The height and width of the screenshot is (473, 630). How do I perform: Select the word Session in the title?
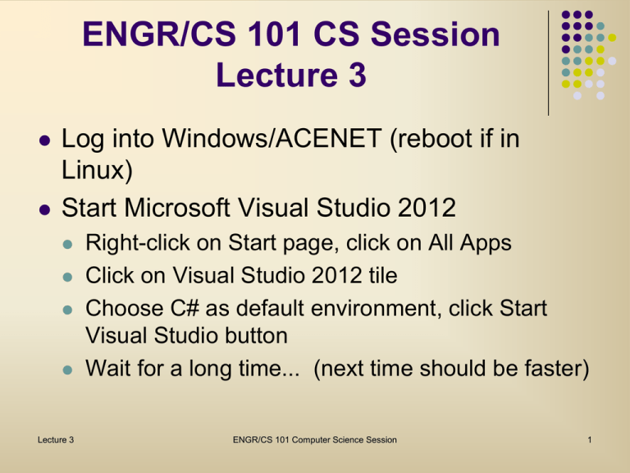pyautogui.click(x=435, y=34)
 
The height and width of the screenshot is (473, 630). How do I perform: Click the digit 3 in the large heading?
pyautogui.click(x=358, y=75)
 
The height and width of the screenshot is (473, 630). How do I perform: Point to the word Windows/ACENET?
pyautogui.click(x=272, y=138)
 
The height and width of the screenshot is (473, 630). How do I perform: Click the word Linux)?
pyautogui.click(x=97, y=170)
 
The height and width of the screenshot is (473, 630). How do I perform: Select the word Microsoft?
pyautogui.click(x=177, y=208)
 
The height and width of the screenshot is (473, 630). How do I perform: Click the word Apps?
pyautogui.click(x=486, y=243)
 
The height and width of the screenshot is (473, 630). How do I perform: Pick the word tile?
pyautogui.click(x=383, y=276)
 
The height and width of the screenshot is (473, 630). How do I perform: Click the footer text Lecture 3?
pyautogui.click(x=56, y=439)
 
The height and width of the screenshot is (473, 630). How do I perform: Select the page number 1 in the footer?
pyautogui.click(x=590, y=439)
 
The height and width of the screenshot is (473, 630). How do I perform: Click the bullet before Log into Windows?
pyautogui.click(x=44, y=140)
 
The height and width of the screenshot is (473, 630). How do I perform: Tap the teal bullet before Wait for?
pyautogui.click(x=67, y=370)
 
